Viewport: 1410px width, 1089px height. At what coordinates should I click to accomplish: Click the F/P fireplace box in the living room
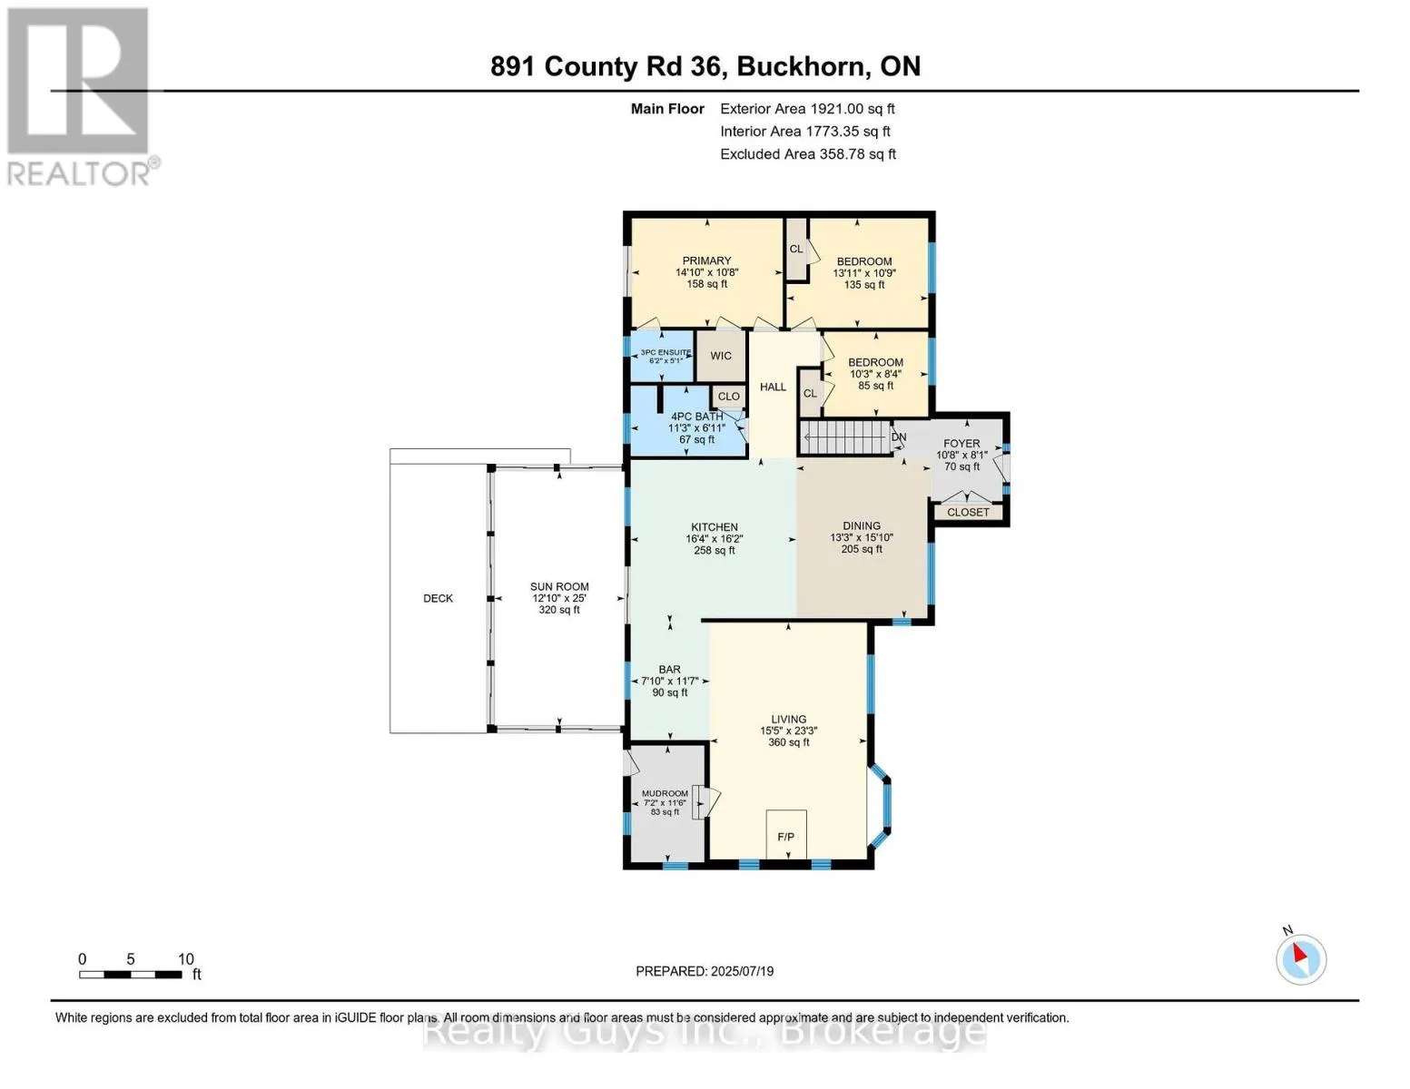tap(785, 835)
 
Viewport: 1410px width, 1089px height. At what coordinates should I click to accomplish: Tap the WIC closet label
tap(720, 356)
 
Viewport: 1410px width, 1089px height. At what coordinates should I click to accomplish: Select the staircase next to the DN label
tap(844, 437)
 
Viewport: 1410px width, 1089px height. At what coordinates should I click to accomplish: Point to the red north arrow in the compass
tap(1299, 953)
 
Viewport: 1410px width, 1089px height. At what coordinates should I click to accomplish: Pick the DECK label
tap(438, 599)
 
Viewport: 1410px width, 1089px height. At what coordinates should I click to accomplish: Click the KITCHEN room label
tap(715, 527)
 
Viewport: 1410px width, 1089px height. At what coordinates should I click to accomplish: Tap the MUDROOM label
tap(665, 793)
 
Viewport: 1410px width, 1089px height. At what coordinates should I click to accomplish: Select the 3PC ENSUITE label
tap(666, 352)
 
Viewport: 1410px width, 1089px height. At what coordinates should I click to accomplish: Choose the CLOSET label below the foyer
tap(968, 513)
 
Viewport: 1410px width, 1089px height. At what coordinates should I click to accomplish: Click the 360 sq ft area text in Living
tap(789, 742)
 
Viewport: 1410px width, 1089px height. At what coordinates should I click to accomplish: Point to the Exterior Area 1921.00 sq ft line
tap(807, 109)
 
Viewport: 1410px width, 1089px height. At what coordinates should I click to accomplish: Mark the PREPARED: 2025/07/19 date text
tap(705, 971)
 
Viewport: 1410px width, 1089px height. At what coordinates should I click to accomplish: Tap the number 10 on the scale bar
tap(185, 959)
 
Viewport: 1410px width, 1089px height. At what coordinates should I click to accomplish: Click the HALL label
tap(773, 388)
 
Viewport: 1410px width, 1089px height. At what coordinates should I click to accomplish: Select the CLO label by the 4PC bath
tap(729, 397)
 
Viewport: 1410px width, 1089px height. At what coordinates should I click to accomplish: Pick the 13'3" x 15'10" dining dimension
tap(862, 537)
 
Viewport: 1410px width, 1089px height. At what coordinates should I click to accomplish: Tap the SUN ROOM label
tap(559, 587)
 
